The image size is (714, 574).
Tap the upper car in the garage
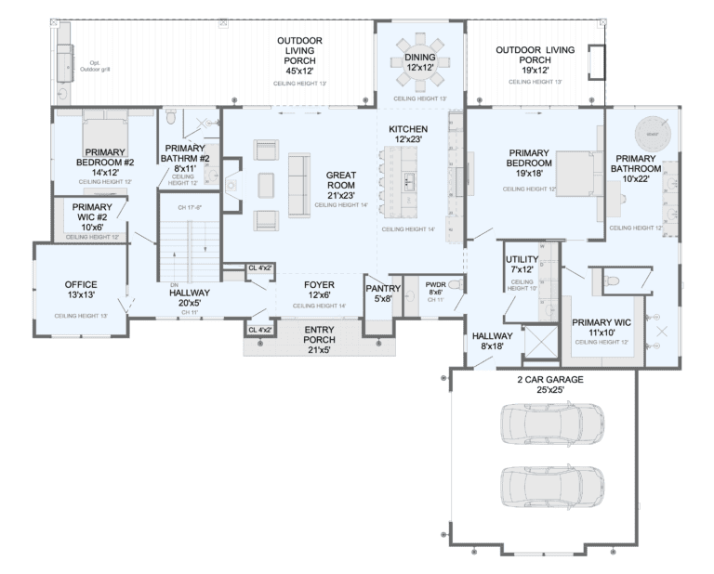point(551,423)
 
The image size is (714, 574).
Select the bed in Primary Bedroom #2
point(103,129)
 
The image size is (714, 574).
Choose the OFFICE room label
point(81,284)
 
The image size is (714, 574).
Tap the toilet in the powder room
point(455,285)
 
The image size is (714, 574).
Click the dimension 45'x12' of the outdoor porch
point(299,69)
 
